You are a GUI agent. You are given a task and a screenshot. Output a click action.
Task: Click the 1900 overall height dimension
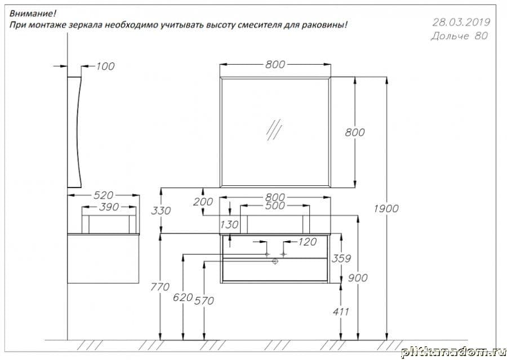(x=386, y=208)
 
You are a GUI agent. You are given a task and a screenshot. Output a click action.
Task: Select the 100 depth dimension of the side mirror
(x=105, y=66)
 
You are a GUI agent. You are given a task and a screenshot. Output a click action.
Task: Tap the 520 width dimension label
(x=104, y=195)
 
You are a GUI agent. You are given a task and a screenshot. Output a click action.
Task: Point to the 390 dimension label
(x=109, y=207)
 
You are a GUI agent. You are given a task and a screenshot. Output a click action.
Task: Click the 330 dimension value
(x=161, y=211)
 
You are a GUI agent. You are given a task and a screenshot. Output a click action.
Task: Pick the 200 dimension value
(x=203, y=202)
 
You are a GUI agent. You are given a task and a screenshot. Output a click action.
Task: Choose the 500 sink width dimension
(x=275, y=206)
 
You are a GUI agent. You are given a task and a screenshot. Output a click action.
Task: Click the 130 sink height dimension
(x=229, y=224)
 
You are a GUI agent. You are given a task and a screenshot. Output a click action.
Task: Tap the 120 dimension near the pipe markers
(x=307, y=242)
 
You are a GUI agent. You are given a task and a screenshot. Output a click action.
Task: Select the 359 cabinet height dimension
(x=341, y=259)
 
